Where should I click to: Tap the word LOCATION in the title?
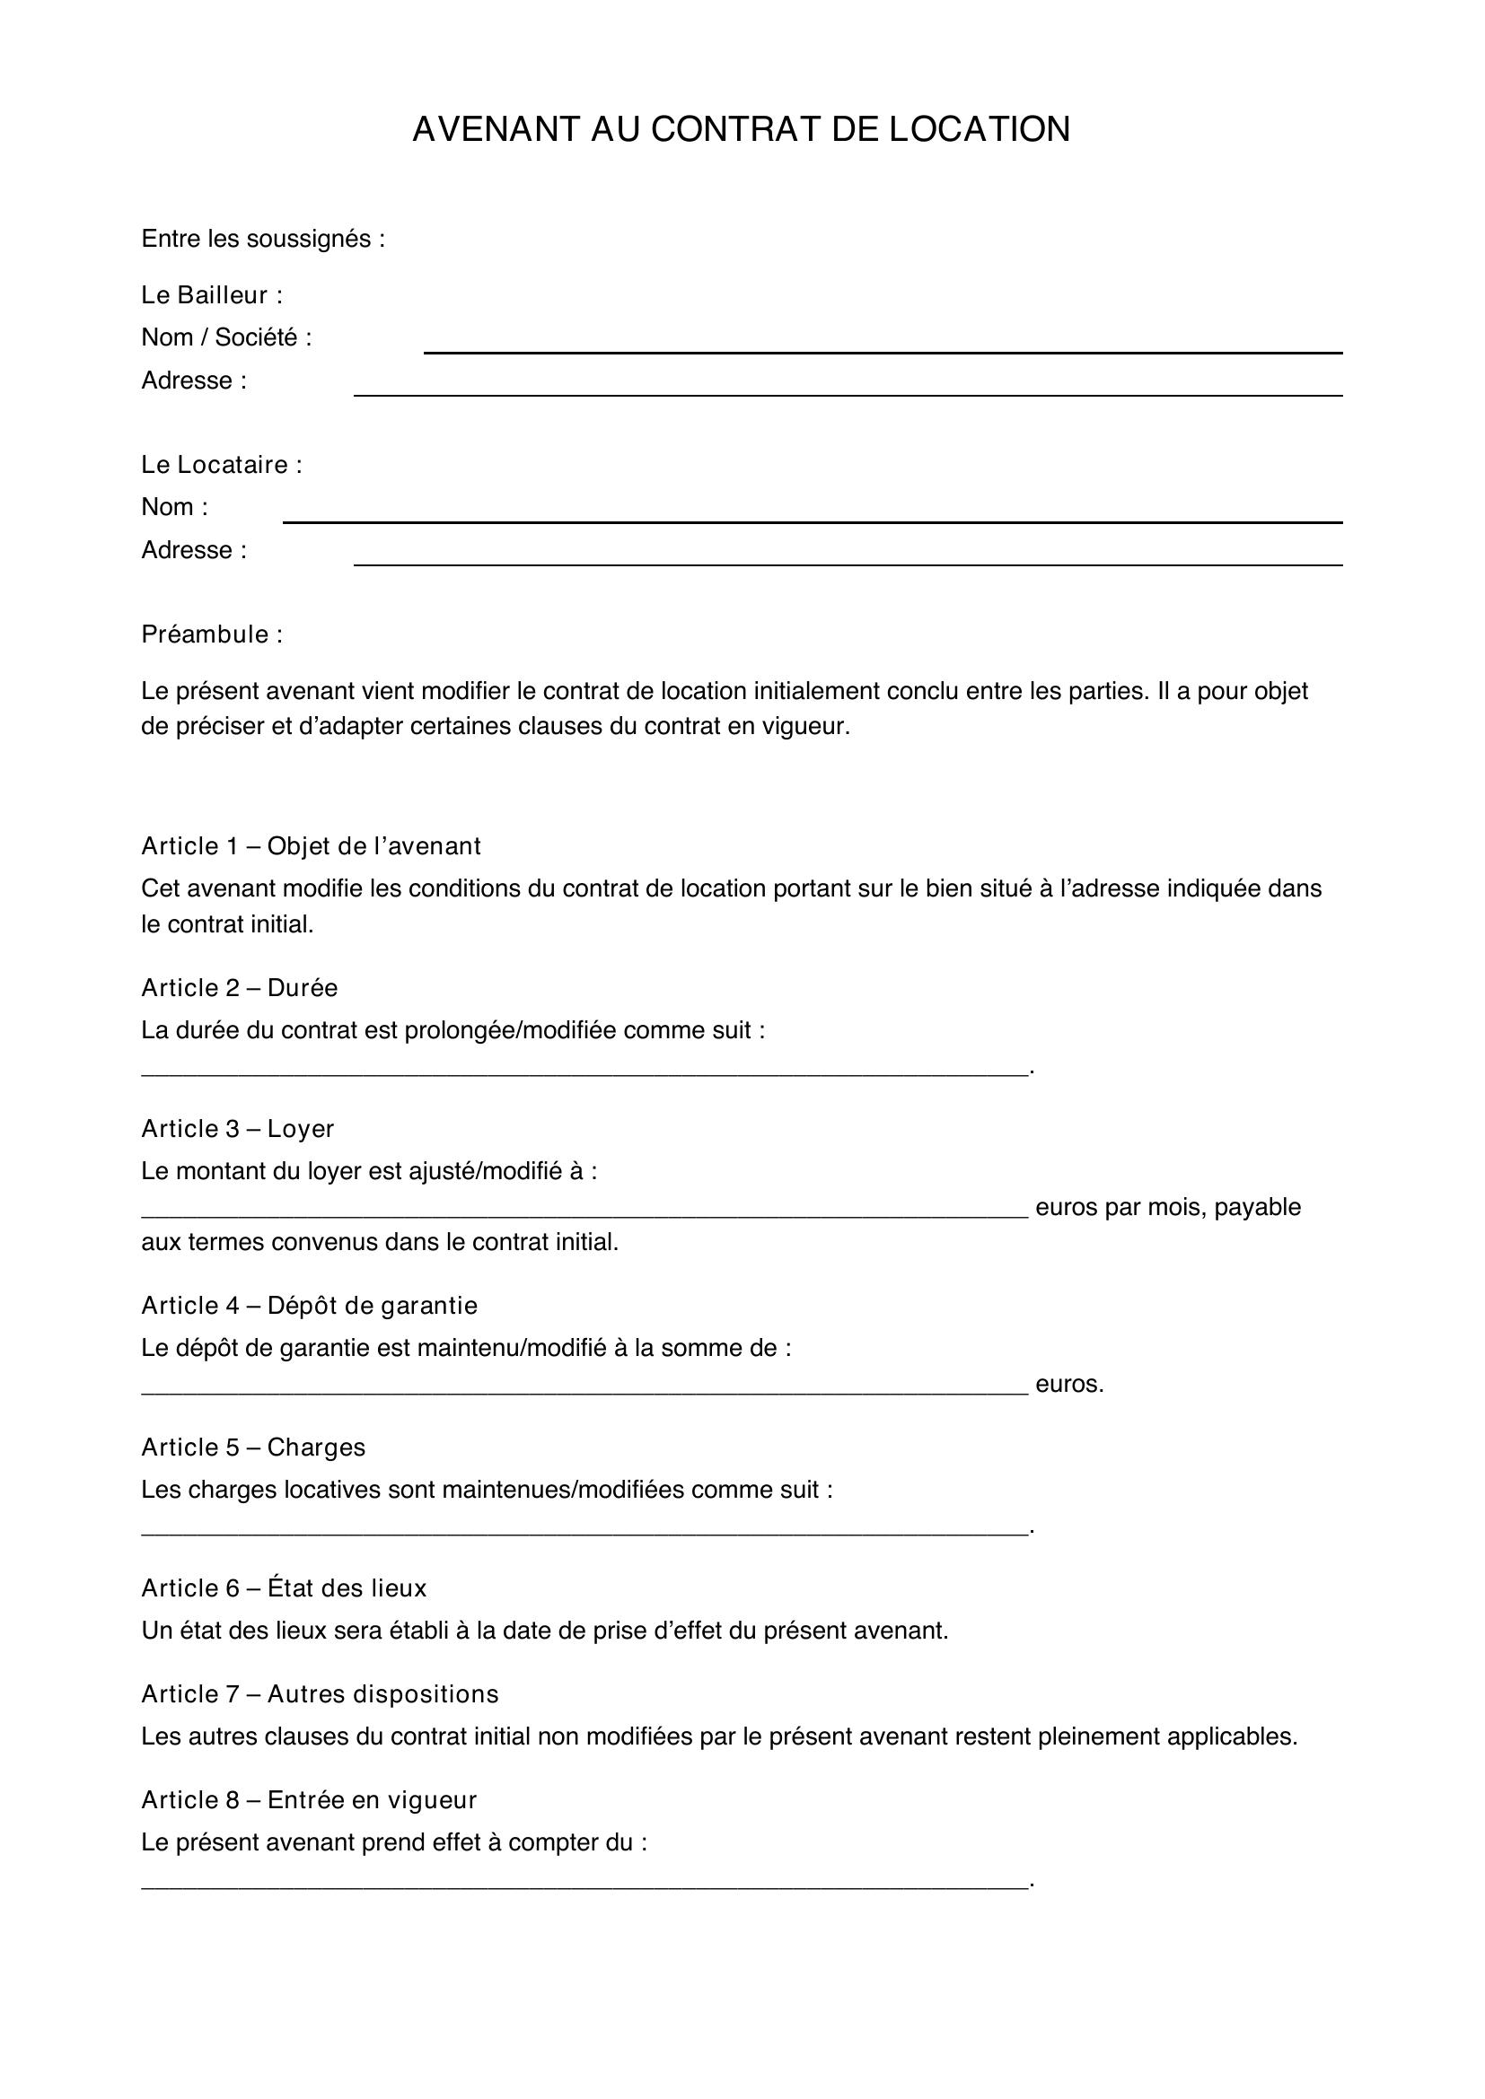pyautogui.click(x=980, y=130)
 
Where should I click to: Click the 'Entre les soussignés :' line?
pyautogui.click(x=262, y=239)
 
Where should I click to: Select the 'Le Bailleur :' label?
pyautogui.click(x=211, y=295)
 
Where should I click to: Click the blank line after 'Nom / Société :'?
pyautogui.click(x=883, y=350)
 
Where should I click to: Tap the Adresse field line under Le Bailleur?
pyautogui.click(x=848, y=393)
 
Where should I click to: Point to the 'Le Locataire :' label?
pyautogui.click(x=221, y=465)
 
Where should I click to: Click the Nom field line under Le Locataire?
pyautogui.click(x=812, y=520)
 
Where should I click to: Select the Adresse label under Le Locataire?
pyautogui.click(x=193, y=549)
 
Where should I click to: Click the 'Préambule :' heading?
pyautogui.click(x=211, y=634)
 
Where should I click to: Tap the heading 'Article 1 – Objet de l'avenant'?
pyautogui.click(x=310, y=846)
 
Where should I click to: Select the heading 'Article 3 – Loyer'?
pyautogui.click(x=237, y=1129)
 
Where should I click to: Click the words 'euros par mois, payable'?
pyautogui.click(x=1168, y=1207)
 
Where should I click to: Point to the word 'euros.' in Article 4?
pyautogui.click(x=1069, y=1384)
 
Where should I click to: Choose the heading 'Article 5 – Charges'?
pyautogui.click(x=252, y=1447)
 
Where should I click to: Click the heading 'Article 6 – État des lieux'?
pyautogui.click(x=284, y=1588)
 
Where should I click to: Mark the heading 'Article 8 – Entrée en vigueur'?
pyautogui.click(x=308, y=1800)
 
